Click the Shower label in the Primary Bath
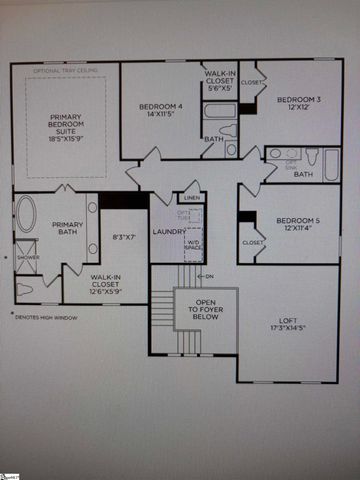(28, 257)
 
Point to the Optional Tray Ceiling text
(66, 71)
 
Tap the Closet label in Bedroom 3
(252, 82)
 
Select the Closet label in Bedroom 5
(252, 242)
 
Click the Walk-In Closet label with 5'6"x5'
(220, 80)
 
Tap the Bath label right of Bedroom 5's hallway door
(304, 174)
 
